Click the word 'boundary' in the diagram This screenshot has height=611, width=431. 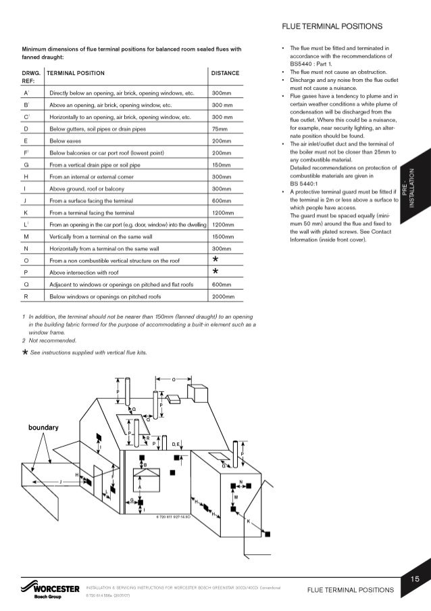click(42, 428)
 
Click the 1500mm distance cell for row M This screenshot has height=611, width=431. click(222, 237)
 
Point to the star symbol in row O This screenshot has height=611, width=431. click(215, 259)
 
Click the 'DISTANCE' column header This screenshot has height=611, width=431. click(225, 72)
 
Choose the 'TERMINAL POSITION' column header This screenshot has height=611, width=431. click(76, 72)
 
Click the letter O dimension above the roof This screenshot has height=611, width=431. click(173, 379)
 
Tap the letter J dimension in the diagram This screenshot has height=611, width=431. click(61, 480)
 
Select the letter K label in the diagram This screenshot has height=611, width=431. click(247, 521)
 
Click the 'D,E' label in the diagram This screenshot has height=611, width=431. click(175, 443)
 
